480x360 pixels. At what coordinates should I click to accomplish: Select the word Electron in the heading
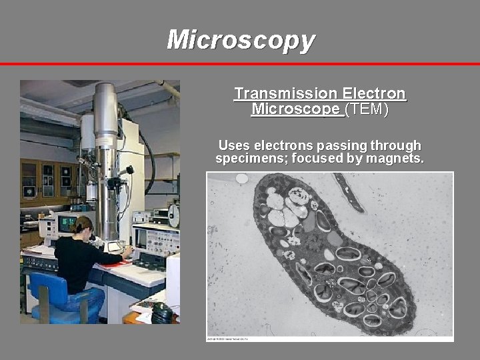coord(373,94)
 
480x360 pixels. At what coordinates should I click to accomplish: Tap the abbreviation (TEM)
coord(366,109)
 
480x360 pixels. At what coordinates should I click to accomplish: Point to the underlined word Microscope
coord(297,109)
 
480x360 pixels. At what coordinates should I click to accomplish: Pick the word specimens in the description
coord(247,159)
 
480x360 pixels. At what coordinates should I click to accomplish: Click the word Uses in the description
coord(234,145)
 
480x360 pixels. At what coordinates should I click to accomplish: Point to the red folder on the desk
coord(115,264)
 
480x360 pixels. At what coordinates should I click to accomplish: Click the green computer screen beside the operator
coord(67,225)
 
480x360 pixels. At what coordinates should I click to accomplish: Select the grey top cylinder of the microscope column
coord(105,107)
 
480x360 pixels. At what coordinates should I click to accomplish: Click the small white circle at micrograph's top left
coord(241,179)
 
